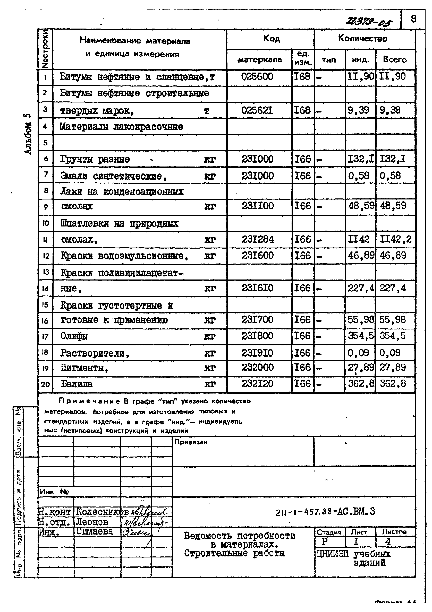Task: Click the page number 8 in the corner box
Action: tap(413, 19)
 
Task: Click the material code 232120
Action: tap(257, 384)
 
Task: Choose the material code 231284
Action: tap(257, 239)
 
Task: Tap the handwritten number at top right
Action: tap(369, 22)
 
